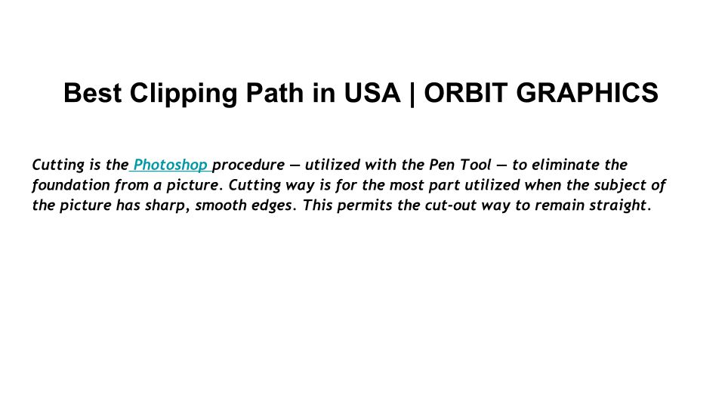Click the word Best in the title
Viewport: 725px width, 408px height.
pyautogui.click(x=92, y=92)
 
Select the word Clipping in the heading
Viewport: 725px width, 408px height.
pyautogui.click(x=183, y=94)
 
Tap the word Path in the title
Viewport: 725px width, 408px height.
pyautogui.click(x=275, y=92)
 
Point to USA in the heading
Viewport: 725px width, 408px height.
pyautogui.click(x=372, y=92)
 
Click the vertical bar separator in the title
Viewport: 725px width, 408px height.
pyautogui.click(x=412, y=94)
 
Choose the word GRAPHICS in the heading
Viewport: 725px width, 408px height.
pyautogui.click(x=587, y=92)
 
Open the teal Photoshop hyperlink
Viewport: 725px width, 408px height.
pyautogui.click(x=170, y=165)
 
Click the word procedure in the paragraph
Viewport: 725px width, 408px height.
pyautogui.click(x=248, y=165)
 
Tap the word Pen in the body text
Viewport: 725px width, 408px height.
pyautogui.click(x=442, y=165)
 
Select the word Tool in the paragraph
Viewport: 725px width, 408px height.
pyautogui.click(x=475, y=165)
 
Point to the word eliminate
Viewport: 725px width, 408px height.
pyautogui.click(x=566, y=165)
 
